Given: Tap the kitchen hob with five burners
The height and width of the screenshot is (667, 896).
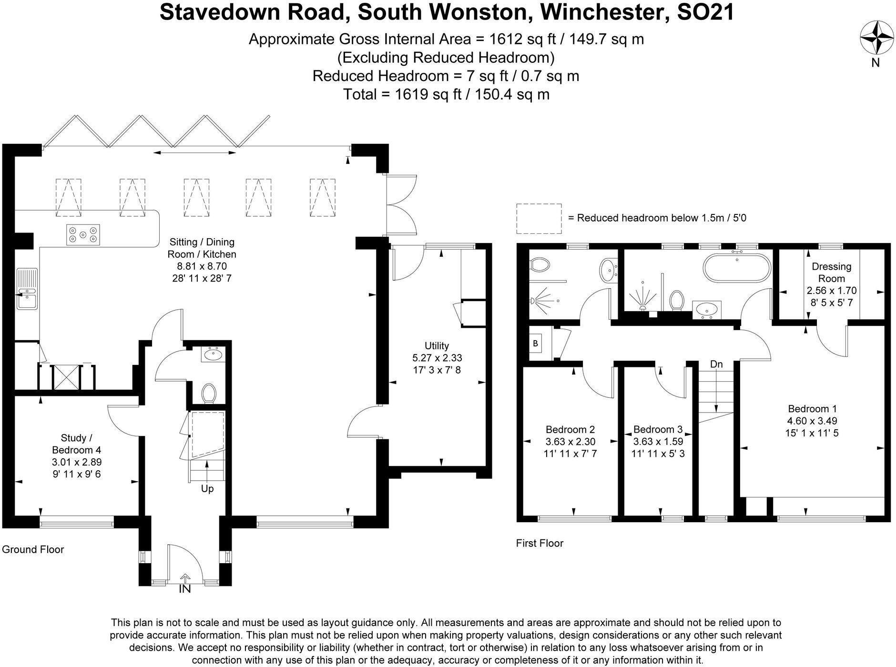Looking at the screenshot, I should click(x=83, y=234).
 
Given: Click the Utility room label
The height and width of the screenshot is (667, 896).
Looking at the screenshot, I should click(x=437, y=346).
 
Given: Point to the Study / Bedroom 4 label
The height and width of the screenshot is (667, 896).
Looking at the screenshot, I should click(x=76, y=444).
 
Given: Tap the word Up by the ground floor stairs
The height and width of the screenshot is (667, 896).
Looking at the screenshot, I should click(x=207, y=489).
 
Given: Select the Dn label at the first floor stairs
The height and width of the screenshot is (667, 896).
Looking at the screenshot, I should click(x=716, y=364).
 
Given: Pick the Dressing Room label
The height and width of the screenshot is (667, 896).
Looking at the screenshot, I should click(x=832, y=273).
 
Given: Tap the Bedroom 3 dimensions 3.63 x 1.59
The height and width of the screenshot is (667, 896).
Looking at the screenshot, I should click(x=658, y=442).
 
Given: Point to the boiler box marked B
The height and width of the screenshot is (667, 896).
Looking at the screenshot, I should click(x=535, y=343).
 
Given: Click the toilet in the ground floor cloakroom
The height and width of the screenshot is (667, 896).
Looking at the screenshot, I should click(x=209, y=394).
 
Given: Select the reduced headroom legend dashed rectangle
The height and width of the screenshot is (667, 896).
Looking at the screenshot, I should click(x=539, y=218).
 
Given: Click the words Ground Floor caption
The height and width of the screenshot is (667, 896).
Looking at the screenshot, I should click(x=33, y=549).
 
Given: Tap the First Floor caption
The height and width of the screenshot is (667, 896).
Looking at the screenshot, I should click(x=540, y=543).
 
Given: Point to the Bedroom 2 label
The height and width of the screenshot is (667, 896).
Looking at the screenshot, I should click(x=570, y=429).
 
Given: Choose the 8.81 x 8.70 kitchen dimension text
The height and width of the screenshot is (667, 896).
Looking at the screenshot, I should click(x=202, y=266).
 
